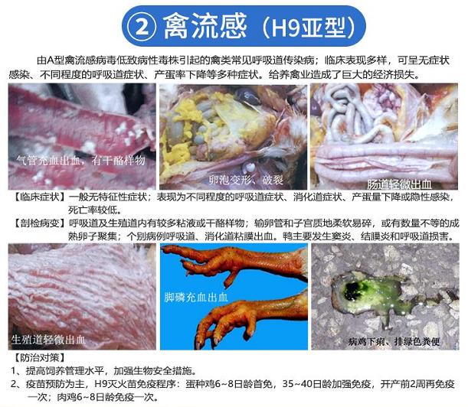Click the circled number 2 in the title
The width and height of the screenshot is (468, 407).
[x=142, y=27]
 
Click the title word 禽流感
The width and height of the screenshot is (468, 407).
[x=205, y=27]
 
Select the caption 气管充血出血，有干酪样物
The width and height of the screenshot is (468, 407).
[x=80, y=161]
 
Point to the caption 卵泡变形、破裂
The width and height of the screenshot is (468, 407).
[x=246, y=180]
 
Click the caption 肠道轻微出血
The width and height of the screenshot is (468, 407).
[x=399, y=184]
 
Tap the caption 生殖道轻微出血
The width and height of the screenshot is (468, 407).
[x=48, y=340]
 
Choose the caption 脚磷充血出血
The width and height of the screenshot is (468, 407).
[x=196, y=297]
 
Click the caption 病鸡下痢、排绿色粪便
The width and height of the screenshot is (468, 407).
[x=394, y=341]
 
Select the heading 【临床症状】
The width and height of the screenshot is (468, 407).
[x=40, y=197]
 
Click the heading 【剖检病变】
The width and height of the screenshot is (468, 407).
[x=40, y=223]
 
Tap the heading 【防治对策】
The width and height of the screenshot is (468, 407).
[x=39, y=357]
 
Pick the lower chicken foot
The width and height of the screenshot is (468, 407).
[x=250, y=319]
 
